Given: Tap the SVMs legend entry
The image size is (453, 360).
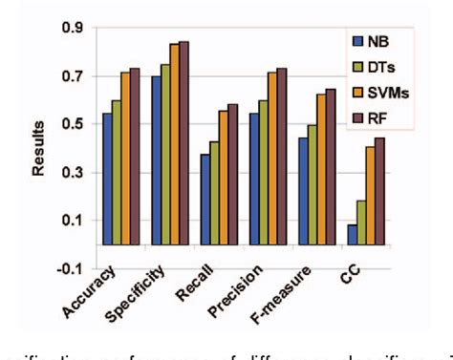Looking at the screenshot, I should click(x=380, y=93).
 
